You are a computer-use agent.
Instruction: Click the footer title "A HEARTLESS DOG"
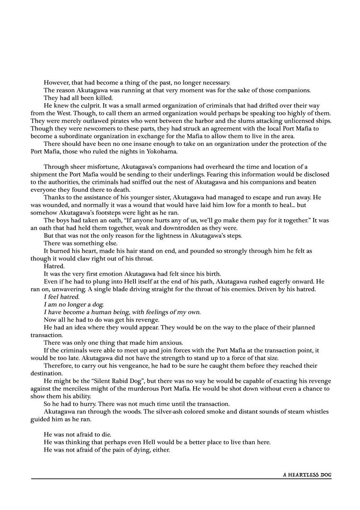(x=307, y=475)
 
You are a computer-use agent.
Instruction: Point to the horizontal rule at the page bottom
(x=181, y=479)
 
